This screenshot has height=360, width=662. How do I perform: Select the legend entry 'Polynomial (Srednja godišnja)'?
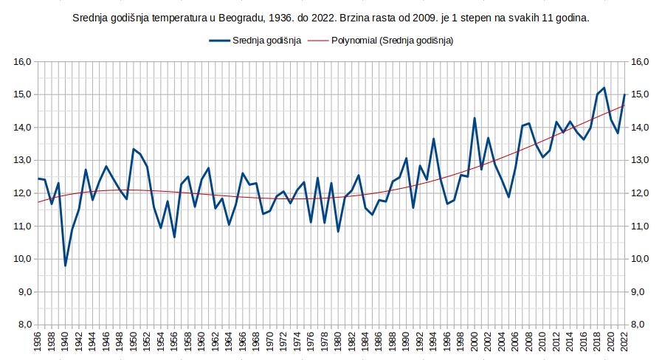point(390,41)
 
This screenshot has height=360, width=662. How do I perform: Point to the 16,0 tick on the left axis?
point(22,62)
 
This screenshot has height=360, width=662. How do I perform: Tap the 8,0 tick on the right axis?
point(639,325)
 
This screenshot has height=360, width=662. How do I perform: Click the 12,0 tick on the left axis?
point(22,193)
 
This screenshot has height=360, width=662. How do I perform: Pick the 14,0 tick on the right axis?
point(639,128)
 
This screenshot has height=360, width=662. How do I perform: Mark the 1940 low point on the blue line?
point(65,266)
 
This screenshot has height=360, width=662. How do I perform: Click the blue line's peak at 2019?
point(604,88)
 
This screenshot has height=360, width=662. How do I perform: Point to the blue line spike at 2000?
point(475,118)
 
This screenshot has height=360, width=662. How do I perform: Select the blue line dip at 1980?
point(338,232)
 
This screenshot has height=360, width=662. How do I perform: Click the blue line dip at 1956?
point(174,237)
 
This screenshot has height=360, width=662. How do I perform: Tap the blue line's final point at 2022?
point(625,94)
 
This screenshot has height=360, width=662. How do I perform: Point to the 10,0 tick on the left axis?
point(22,259)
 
